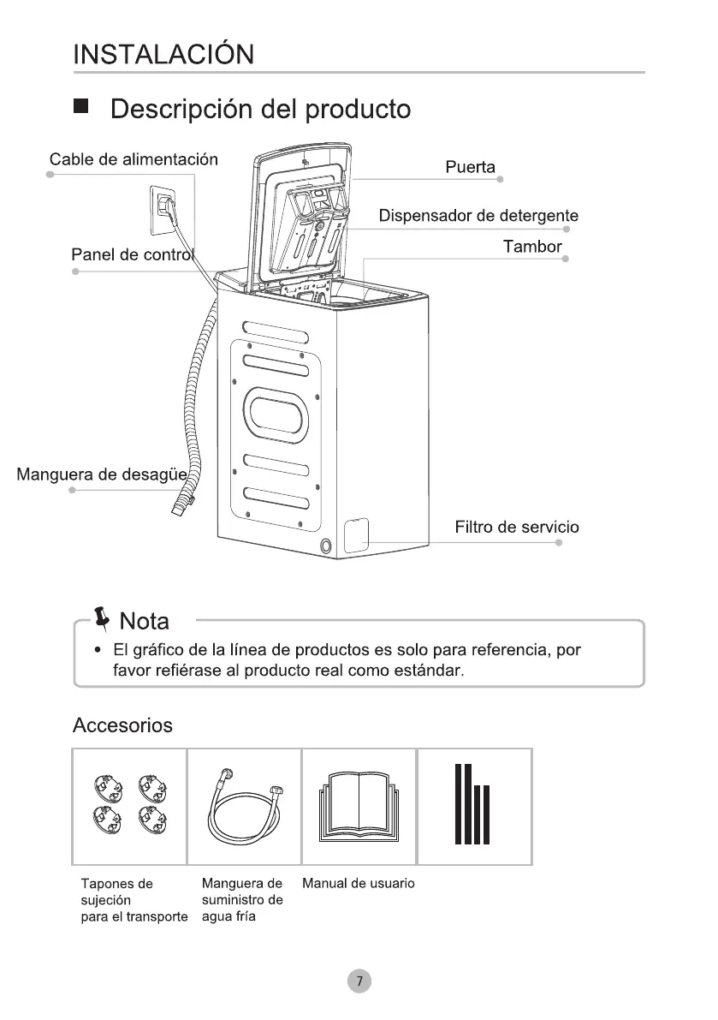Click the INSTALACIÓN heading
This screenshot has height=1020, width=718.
click(163, 55)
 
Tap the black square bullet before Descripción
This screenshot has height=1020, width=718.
click(81, 107)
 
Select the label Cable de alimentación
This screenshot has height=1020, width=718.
click(134, 159)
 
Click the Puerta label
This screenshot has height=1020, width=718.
click(470, 166)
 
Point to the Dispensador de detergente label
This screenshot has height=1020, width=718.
click(478, 215)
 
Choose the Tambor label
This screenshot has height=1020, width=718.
click(532, 247)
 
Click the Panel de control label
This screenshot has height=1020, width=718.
click(134, 255)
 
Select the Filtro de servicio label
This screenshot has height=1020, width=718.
click(516, 527)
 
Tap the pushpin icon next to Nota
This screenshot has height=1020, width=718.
click(102, 617)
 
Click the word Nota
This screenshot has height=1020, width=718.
click(144, 620)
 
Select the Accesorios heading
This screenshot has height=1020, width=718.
click(122, 725)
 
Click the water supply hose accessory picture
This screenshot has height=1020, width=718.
click(245, 806)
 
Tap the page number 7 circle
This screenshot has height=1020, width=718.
click(359, 980)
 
